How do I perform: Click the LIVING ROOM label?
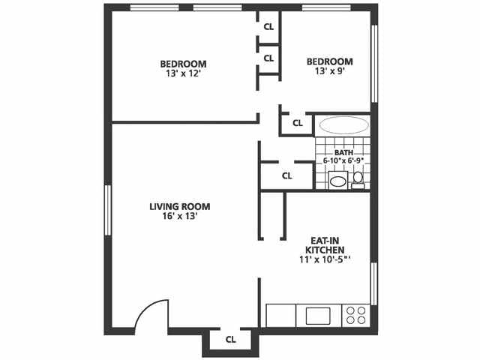point(179,206)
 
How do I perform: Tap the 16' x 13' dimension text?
point(179,216)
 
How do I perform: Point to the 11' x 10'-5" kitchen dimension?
point(325,259)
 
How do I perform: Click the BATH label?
point(343,152)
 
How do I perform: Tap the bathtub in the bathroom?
point(343,125)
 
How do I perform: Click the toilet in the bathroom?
point(358,178)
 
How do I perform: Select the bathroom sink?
point(338,181)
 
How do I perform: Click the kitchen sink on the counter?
point(318,315)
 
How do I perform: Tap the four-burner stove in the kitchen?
point(356,315)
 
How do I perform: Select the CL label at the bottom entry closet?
point(231,339)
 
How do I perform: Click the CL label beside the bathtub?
point(297,122)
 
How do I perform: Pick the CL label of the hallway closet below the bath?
point(286,176)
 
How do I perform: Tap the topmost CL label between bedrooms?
point(268,26)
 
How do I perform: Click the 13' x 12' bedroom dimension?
point(183,74)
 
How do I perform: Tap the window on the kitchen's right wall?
point(373,283)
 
